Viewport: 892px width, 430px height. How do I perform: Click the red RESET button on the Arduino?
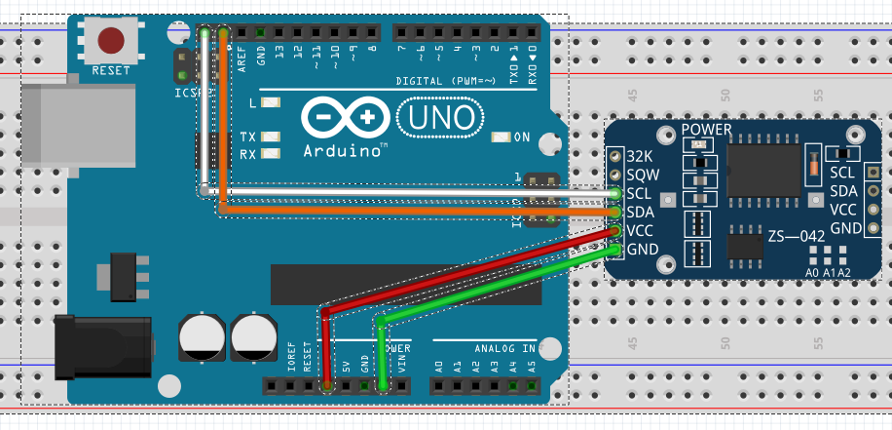[111, 40]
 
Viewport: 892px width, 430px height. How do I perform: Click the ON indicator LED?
[502, 137]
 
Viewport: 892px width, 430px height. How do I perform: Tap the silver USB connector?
[78, 123]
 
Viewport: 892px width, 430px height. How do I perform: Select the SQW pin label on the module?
[642, 175]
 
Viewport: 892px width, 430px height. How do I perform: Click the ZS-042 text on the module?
[795, 237]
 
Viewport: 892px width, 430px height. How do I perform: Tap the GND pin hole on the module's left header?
[615, 250]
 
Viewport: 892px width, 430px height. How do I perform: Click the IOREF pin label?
[291, 358]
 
